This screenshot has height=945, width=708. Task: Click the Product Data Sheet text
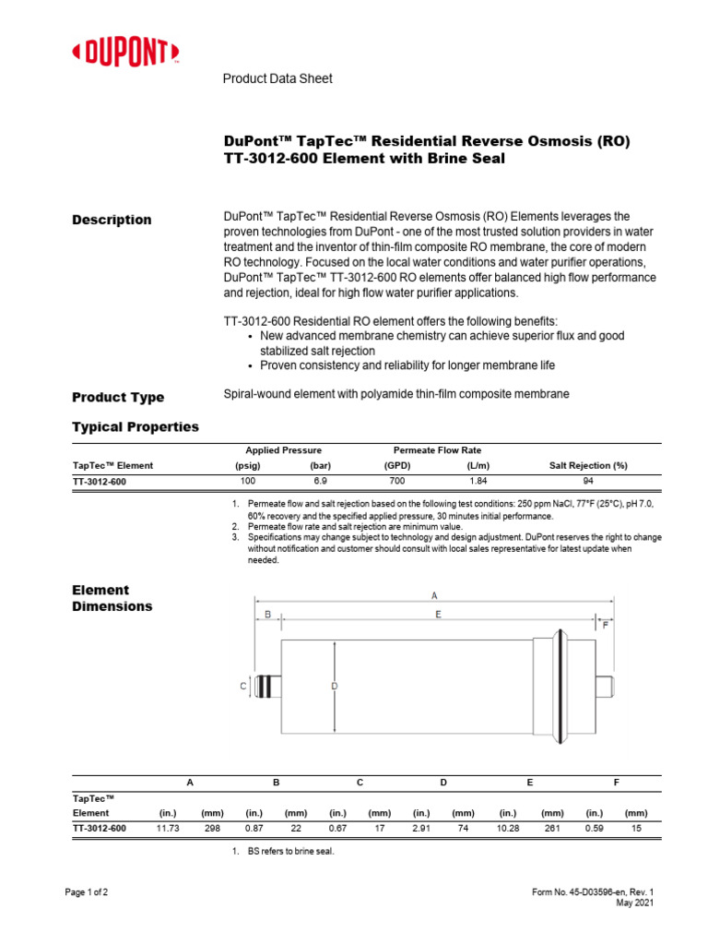[277, 78]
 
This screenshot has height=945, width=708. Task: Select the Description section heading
[112, 220]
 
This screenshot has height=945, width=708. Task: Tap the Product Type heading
[118, 397]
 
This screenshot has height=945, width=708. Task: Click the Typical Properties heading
[135, 426]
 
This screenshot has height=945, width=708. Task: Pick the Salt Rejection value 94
[588, 482]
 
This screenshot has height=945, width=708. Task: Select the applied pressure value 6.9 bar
[320, 482]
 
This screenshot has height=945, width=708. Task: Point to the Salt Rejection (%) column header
[588, 466]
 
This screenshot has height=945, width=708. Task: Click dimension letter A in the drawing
[434, 595]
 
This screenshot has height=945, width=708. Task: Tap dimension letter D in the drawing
[335, 685]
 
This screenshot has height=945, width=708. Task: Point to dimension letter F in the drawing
[606, 625]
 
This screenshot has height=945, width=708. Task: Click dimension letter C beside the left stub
[243, 686]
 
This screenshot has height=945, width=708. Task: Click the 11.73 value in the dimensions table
[168, 829]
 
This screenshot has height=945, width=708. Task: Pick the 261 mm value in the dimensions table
[552, 829]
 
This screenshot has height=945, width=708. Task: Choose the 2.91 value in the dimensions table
[421, 829]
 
